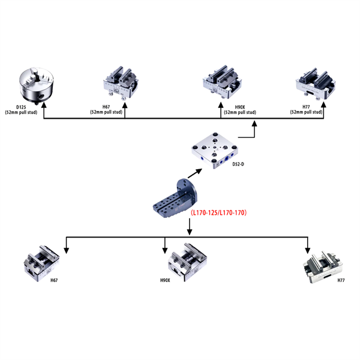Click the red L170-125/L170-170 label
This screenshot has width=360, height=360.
coord(218,213)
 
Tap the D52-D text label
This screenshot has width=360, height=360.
coord(238,163)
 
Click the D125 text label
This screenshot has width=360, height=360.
coord(22,107)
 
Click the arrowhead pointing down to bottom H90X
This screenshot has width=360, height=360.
coord(165,248)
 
